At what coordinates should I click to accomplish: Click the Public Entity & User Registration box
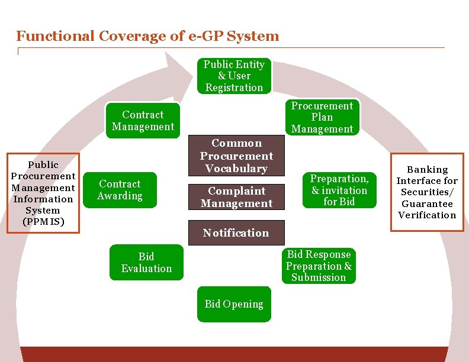click(x=234, y=76)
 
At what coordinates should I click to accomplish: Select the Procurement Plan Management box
click(x=322, y=117)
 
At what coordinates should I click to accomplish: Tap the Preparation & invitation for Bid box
click(x=339, y=190)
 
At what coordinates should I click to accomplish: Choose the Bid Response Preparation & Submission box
click(x=319, y=266)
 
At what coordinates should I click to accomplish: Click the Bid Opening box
click(x=234, y=304)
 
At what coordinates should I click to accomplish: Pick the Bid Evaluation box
click(x=146, y=262)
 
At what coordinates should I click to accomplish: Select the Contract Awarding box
click(x=120, y=190)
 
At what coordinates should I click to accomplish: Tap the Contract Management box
click(x=143, y=121)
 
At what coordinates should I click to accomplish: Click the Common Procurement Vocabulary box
click(x=236, y=156)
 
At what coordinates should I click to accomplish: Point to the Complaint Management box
click(x=236, y=197)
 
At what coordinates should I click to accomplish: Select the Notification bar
click(x=236, y=232)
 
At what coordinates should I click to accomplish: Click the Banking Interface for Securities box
click(x=427, y=192)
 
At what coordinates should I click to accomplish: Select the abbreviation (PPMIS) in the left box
click(x=43, y=222)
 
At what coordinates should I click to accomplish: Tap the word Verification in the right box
click(x=427, y=215)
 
